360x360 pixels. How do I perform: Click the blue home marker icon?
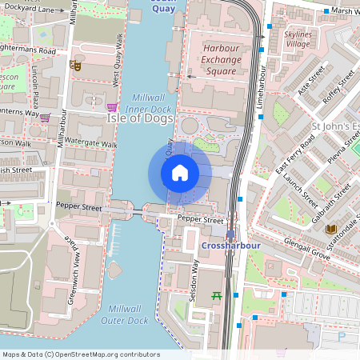[x=180, y=173]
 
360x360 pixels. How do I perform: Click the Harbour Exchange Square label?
[x=221, y=59]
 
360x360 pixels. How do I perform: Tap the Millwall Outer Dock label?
[x=126, y=314]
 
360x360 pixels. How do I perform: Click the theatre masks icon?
[x=75, y=64]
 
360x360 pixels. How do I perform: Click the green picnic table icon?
[x=216, y=297]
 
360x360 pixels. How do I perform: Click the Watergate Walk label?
[x=90, y=143]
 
